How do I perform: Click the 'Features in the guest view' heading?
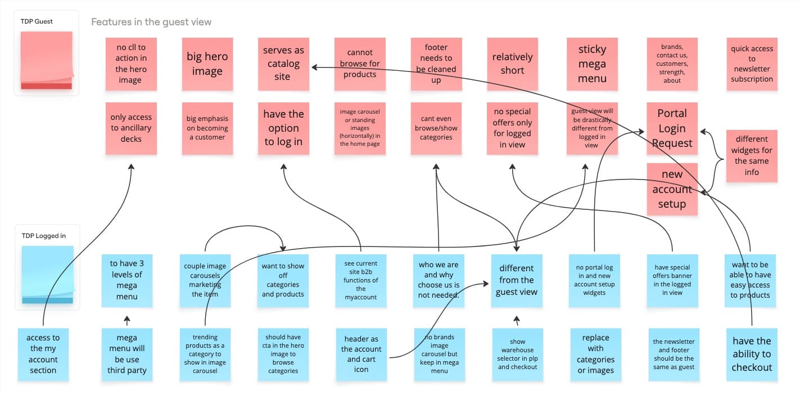[151, 23]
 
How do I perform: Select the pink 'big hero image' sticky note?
[207, 64]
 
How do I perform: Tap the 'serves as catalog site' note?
[283, 64]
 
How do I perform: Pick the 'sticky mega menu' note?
[592, 64]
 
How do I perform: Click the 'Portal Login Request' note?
[672, 128]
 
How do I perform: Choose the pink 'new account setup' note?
[672, 189]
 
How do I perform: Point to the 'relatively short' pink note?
[512, 64]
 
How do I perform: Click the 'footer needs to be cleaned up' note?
[436, 64]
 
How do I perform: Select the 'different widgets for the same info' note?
[752, 156]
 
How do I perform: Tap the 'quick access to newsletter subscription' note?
[752, 64]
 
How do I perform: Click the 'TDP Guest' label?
[37, 21]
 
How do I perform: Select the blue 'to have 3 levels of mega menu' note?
[126, 280]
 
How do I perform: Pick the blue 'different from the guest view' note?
[516, 280]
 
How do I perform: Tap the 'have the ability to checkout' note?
[752, 354]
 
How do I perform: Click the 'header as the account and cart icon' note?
[361, 354]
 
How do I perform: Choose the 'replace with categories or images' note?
[595, 354]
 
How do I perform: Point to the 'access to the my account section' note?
[43, 354]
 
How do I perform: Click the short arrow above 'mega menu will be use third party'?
[127, 321]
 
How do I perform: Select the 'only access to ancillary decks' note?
[130, 128]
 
